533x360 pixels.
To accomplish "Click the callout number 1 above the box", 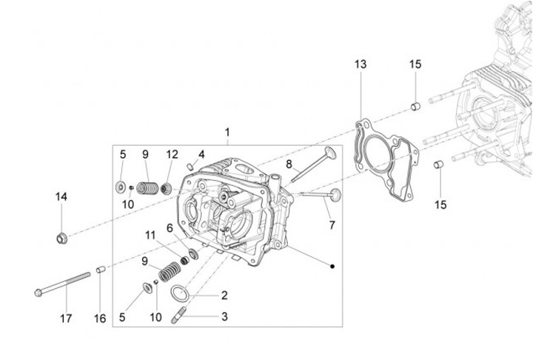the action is point(227,133).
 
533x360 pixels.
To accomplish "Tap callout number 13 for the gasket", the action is point(360,65).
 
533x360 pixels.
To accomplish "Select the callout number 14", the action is point(61,196).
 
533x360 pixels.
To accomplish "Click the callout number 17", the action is point(66,319).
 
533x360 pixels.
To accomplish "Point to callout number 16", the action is point(100,319).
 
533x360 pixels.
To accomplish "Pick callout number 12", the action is point(172,155).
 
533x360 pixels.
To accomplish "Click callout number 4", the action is point(200,155).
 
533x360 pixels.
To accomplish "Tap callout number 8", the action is point(289,163).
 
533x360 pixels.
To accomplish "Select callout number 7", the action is point(331,224).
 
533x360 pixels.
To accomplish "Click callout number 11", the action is point(150,235).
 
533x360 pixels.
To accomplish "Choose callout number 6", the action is point(170,228).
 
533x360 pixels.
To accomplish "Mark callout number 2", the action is point(224,295).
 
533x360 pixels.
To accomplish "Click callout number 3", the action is point(224,317).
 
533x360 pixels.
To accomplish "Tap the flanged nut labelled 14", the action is point(62,238).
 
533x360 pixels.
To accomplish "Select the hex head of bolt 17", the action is point(38,291).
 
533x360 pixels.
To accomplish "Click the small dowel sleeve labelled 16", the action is point(100,270).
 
